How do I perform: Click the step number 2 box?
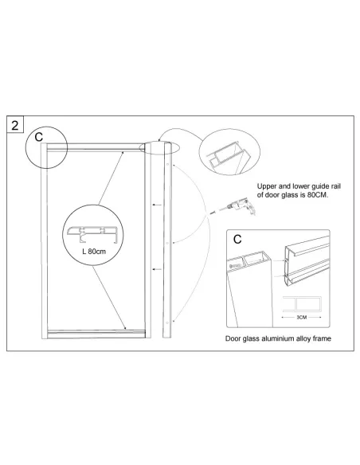(15, 124)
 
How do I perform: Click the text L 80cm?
(94, 252)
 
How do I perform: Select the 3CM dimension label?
(302, 318)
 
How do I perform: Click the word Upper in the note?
(267, 186)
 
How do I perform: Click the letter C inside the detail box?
(237, 239)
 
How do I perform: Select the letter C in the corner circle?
(39, 137)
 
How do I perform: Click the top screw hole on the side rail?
(167, 164)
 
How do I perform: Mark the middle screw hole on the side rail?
(167, 243)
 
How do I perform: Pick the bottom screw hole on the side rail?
(167, 322)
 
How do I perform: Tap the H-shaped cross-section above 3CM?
(302, 304)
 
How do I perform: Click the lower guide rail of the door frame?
(96, 334)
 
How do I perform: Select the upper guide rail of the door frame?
(96, 147)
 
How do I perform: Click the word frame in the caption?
(322, 338)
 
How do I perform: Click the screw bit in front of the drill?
(213, 213)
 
